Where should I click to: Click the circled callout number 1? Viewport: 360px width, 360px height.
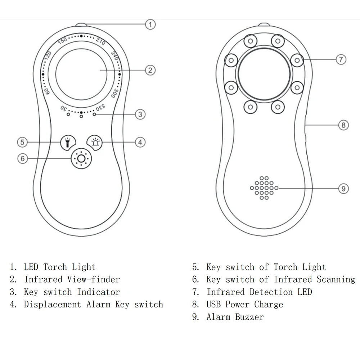coord(150,24)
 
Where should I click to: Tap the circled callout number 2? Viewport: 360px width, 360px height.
coord(150,70)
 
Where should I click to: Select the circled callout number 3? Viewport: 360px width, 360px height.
coord(140,114)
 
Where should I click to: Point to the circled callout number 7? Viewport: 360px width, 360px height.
coord(341,59)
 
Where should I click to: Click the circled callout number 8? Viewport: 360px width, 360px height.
coord(343,125)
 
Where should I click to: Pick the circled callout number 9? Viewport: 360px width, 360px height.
coord(343,188)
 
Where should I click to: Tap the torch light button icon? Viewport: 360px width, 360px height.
coord(67,142)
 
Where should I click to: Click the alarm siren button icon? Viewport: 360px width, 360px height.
coord(95,142)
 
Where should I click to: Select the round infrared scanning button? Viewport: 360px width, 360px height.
coord(81,158)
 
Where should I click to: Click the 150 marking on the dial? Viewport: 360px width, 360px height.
coord(62,40)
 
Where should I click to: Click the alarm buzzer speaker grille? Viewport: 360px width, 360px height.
coord(264,188)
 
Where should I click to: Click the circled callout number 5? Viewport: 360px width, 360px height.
coord(22,142)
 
